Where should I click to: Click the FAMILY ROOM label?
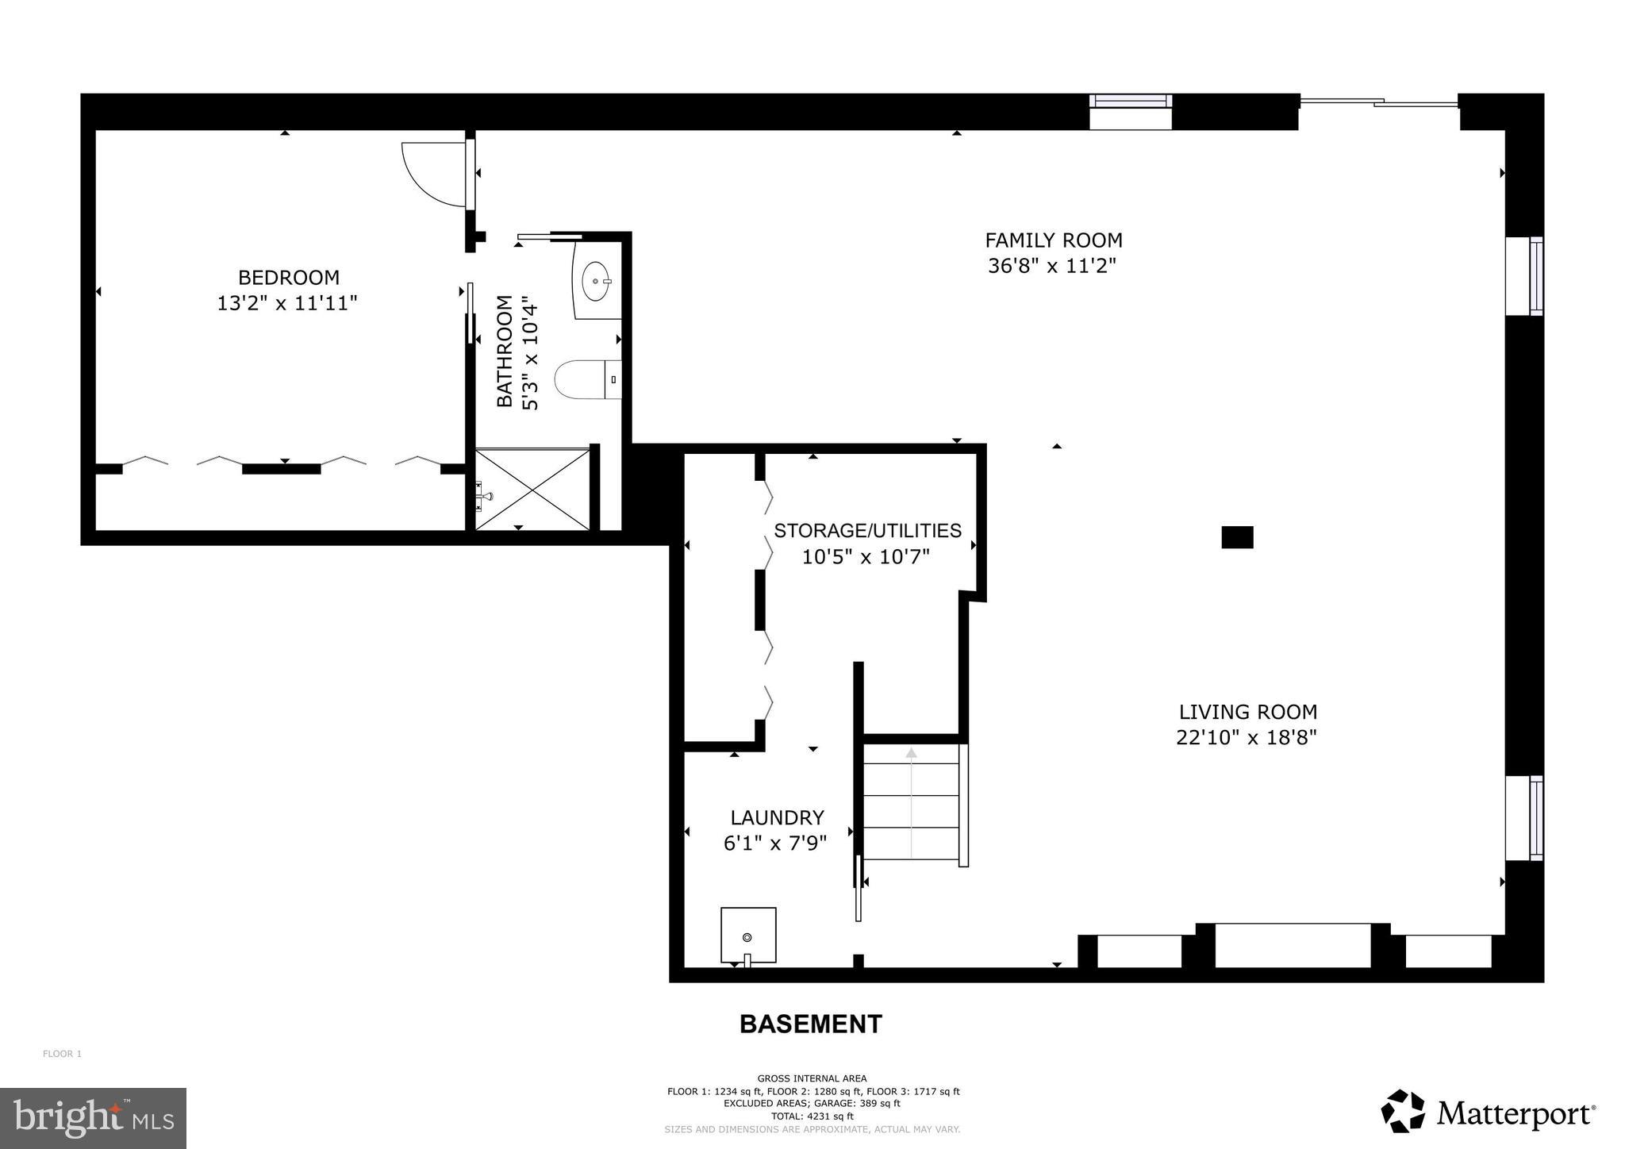pyautogui.click(x=1053, y=240)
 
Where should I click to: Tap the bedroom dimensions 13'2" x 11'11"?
pyautogui.click(x=287, y=303)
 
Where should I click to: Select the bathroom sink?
pyautogui.click(x=596, y=281)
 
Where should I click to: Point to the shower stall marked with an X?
pyautogui.click(x=532, y=489)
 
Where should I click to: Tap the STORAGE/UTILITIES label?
pyautogui.click(x=867, y=530)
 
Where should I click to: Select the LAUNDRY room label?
pyautogui.click(x=777, y=817)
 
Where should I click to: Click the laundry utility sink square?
pyautogui.click(x=747, y=935)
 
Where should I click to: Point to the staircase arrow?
pyautogui.click(x=911, y=801)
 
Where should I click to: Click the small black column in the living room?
pyautogui.click(x=1236, y=537)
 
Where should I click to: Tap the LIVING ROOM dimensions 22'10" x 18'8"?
pyautogui.click(x=1246, y=738)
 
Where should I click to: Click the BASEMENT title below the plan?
pyautogui.click(x=810, y=1024)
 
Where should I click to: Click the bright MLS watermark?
pyautogui.click(x=93, y=1118)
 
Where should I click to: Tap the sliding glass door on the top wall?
pyautogui.click(x=1379, y=102)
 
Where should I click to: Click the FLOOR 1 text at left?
pyautogui.click(x=62, y=1054)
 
